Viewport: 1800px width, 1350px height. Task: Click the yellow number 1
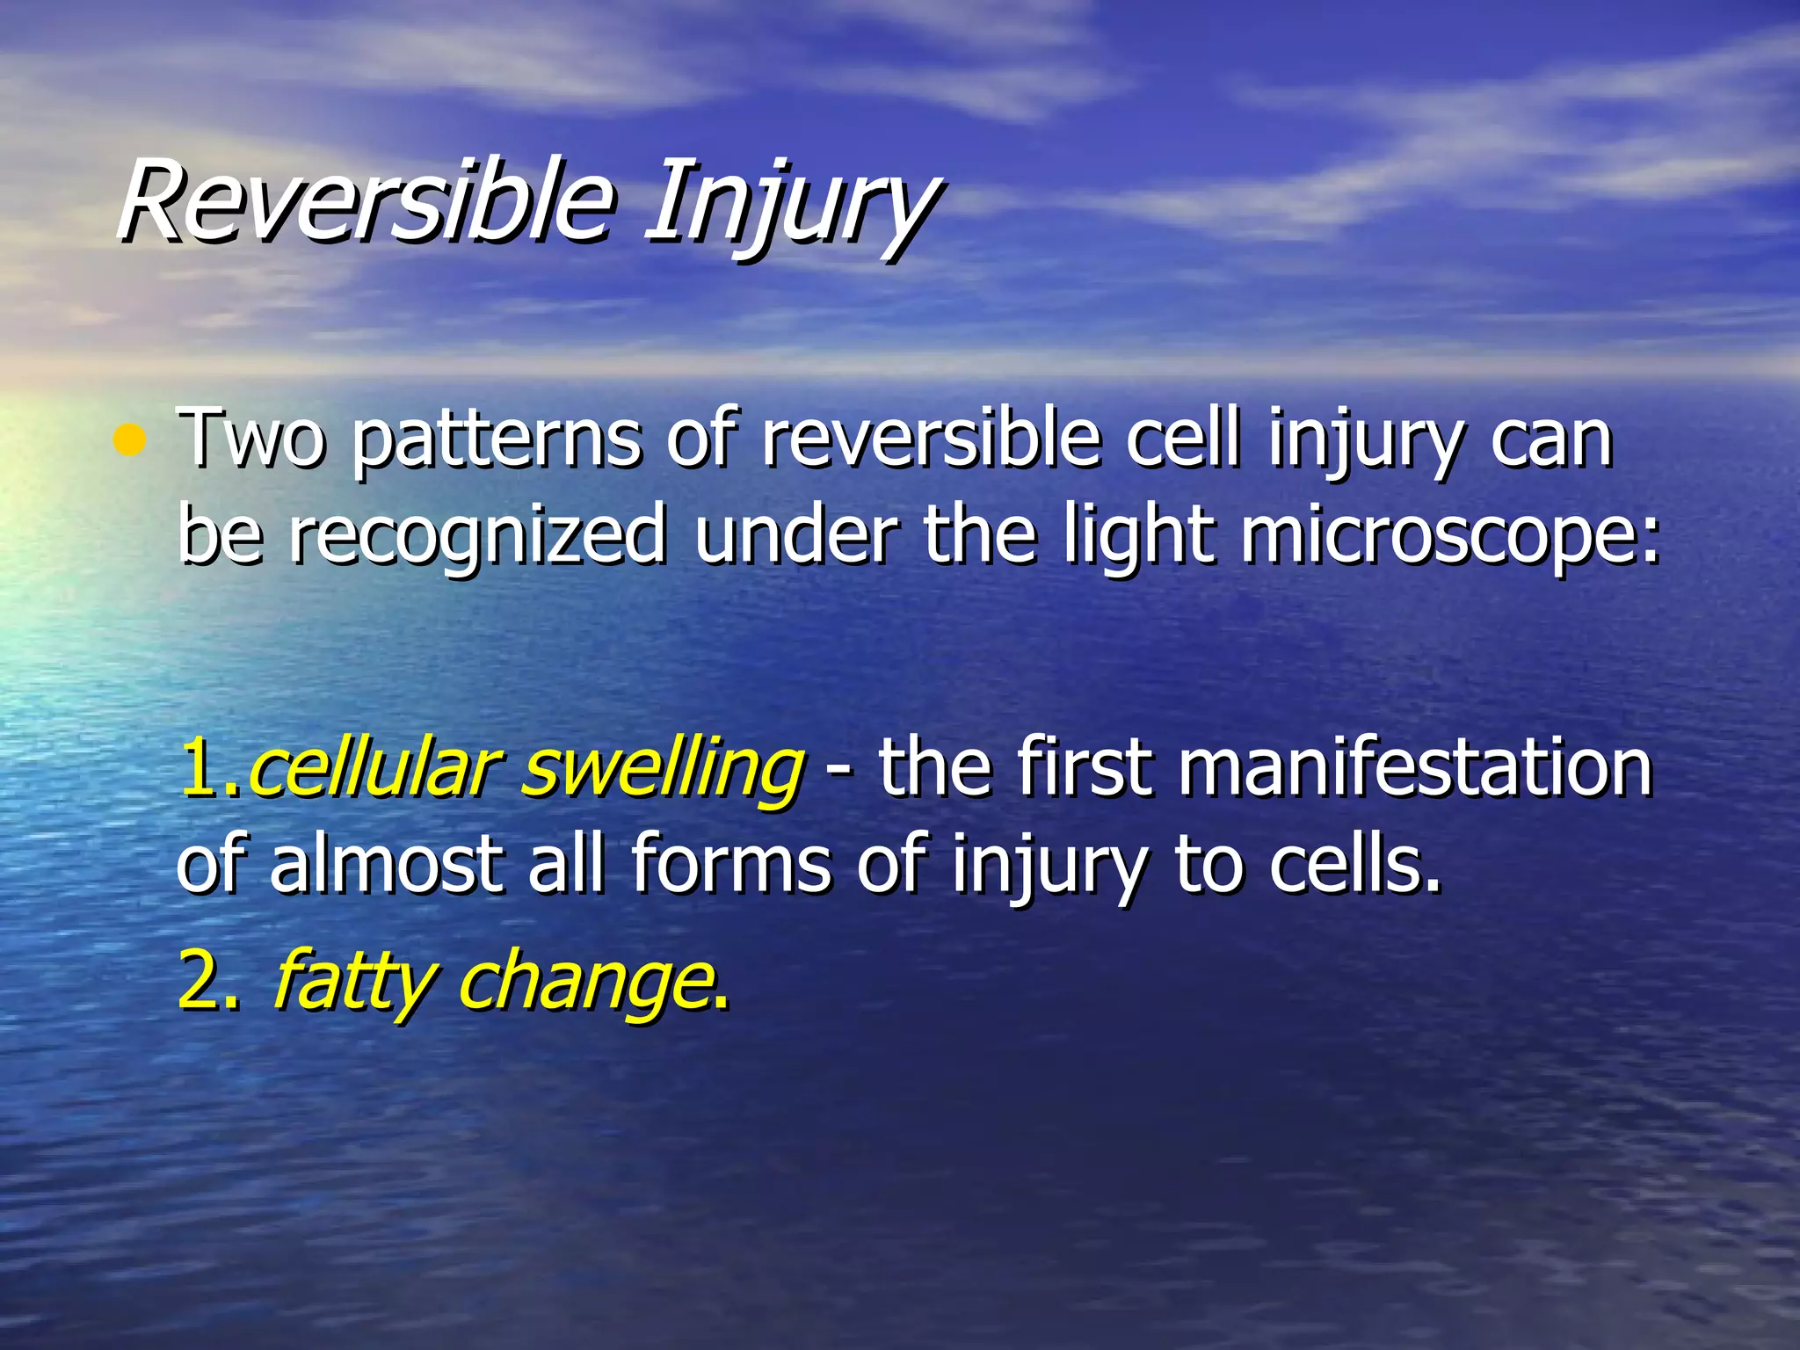202,768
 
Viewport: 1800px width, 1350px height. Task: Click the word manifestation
1414,768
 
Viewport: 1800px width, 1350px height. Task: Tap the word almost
388,865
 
